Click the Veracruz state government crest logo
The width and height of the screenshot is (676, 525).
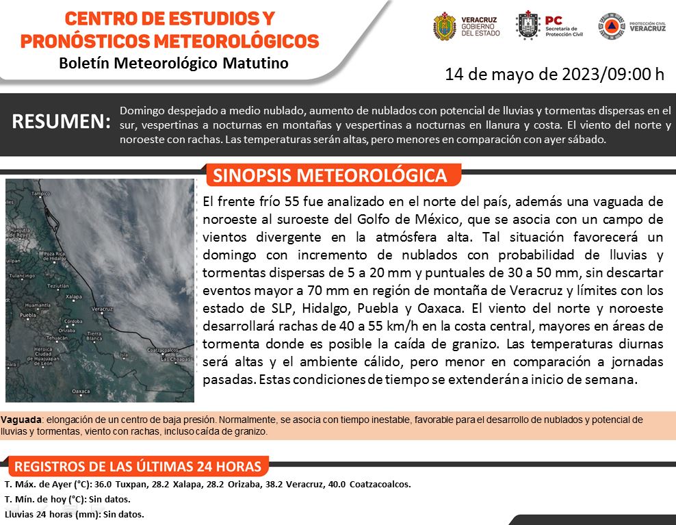445,26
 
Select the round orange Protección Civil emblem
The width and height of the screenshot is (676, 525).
611,26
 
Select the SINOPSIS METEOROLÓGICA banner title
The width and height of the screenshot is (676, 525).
330,175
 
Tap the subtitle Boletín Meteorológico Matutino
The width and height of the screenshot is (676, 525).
174,64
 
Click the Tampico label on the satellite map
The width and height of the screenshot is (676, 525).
42,194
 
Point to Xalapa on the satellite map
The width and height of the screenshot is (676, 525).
73,297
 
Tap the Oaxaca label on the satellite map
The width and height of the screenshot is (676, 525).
81,391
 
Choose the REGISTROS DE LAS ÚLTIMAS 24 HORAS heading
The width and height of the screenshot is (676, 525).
137,467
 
